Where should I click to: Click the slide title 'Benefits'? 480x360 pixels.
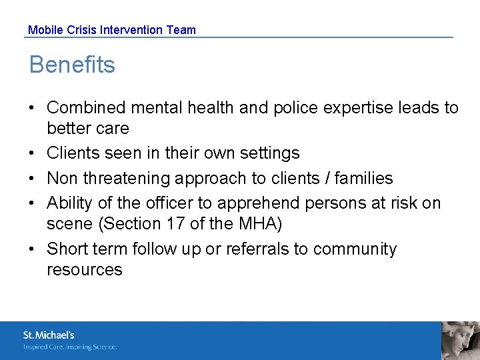click(72, 65)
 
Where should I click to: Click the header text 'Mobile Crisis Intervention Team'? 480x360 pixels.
click(112, 29)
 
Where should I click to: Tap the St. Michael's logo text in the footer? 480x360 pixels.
click(49, 335)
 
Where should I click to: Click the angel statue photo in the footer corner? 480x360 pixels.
click(461, 340)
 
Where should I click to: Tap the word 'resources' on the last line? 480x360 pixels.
click(85, 269)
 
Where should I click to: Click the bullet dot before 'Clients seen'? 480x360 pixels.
click(33, 153)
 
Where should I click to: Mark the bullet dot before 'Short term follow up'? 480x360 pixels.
click(33, 249)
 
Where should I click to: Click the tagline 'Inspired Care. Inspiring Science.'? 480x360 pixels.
click(70, 347)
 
